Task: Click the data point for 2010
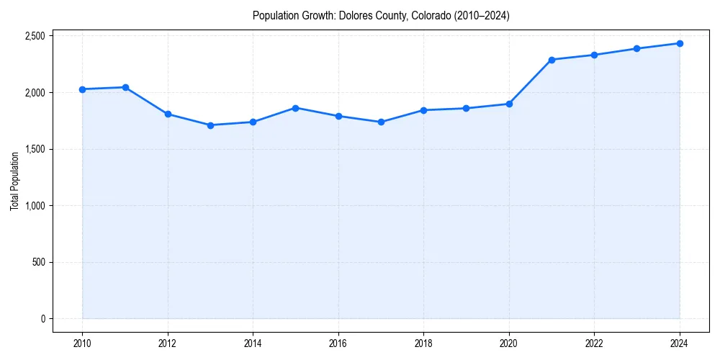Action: pyautogui.click(x=82, y=89)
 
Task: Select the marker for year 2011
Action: pyautogui.click(x=125, y=87)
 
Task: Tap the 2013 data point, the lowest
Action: pyautogui.click(x=210, y=125)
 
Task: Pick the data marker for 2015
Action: pyautogui.click(x=296, y=108)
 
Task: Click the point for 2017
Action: pyautogui.click(x=381, y=122)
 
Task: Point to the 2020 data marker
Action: pyautogui.click(x=509, y=104)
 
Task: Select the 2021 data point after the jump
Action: pyautogui.click(x=552, y=60)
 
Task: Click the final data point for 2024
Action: pyautogui.click(x=680, y=43)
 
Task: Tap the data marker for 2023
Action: pyautogui.click(x=637, y=49)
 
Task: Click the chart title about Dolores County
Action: pyautogui.click(x=381, y=16)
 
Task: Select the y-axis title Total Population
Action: pyautogui.click(x=14, y=180)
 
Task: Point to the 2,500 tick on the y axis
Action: pyautogui.click(x=34, y=36)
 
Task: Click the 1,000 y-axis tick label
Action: pyautogui.click(x=34, y=206)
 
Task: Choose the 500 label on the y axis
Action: pyautogui.click(x=38, y=262)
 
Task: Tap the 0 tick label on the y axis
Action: pyautogui.click(x=43, y=319)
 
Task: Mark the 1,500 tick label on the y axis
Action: pyautogui.click(x=34, y=149)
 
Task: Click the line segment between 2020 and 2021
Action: pyautogui.click(x=531, y=82)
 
